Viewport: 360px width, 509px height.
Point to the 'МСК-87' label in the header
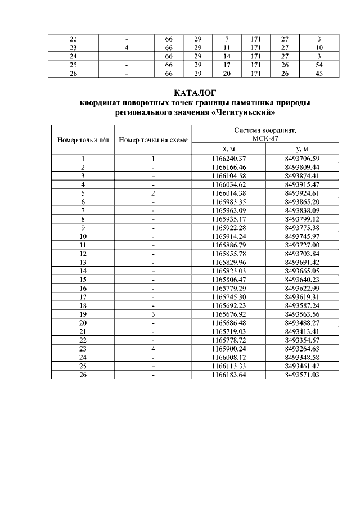(x=265, y=138)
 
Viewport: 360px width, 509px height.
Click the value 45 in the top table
(x=319, y=74)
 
